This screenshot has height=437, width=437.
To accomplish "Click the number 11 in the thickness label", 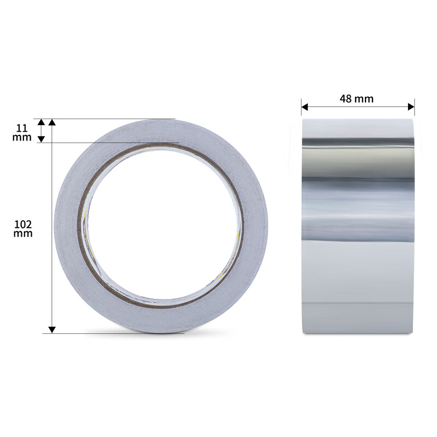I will (x=22, y=128).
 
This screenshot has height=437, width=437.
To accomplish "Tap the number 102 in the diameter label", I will (x=23, y=224).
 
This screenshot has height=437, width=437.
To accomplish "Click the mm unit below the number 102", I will (x=23, y=234).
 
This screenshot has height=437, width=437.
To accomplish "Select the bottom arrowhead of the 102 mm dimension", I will (x=52, y=329).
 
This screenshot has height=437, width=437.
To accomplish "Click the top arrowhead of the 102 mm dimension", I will (x=52, y=122).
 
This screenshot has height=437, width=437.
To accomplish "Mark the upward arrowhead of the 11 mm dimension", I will (x=42, y=122).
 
